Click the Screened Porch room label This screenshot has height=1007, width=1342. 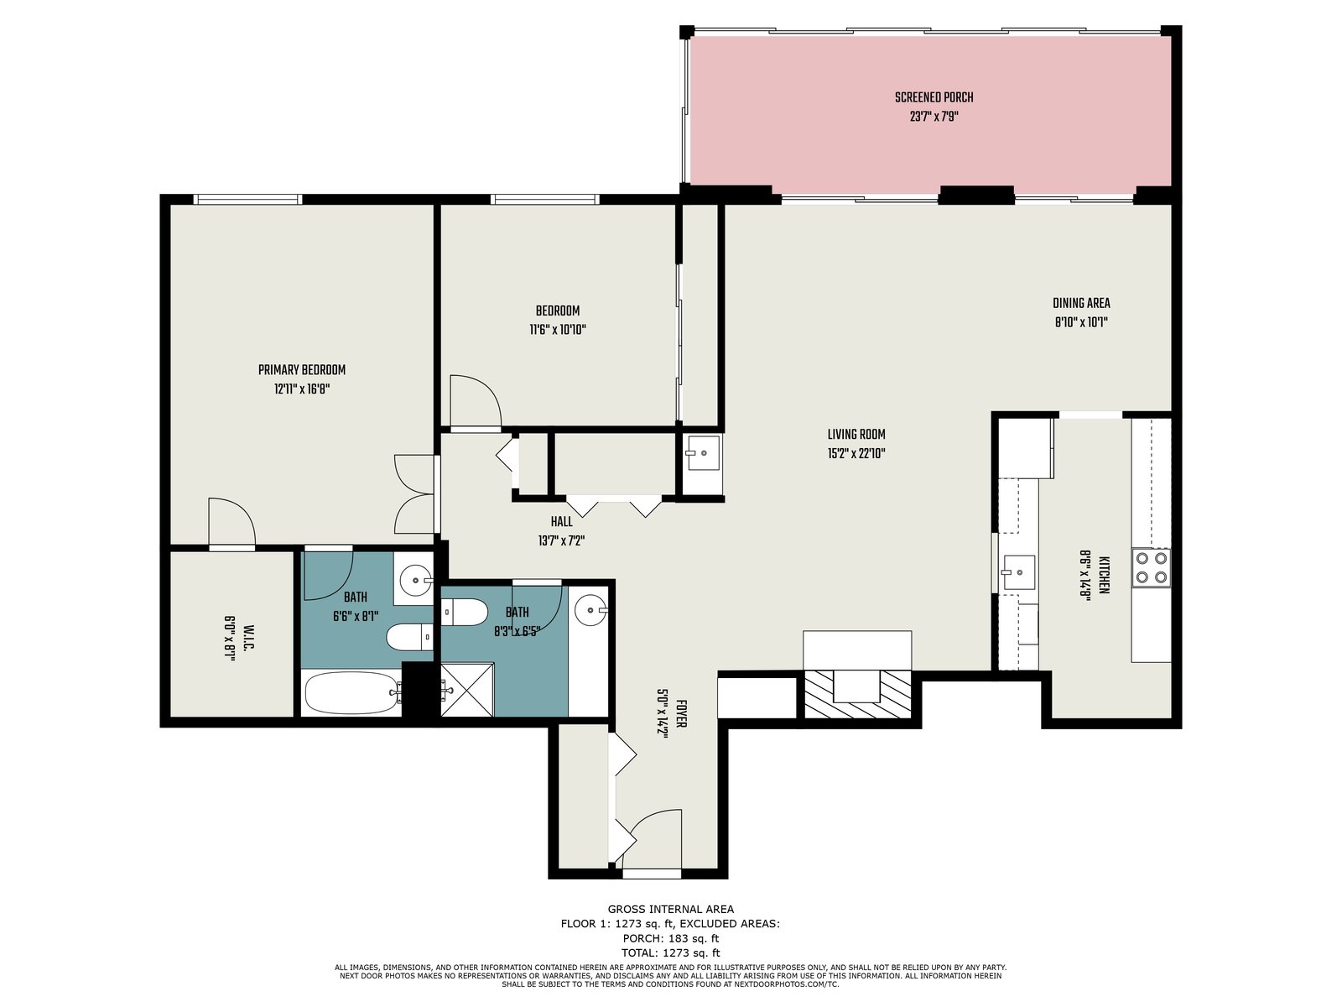point(934,97)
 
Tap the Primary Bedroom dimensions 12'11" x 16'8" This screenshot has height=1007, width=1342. point(302,389)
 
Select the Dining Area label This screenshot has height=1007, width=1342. point(1081,303)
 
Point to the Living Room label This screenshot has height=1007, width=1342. point(856,434)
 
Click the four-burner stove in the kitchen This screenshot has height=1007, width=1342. point(1151,567)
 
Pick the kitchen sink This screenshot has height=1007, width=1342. point(1018,572)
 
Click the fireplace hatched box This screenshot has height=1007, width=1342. point(856,694)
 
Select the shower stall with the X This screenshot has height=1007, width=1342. point(466,688)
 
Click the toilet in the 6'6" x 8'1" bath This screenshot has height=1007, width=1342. point(409,638)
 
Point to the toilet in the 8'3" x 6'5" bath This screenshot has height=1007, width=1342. point(464,612)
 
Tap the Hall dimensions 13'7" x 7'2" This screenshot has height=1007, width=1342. point(559,540)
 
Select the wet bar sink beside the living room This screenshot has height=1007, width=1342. point(703,452)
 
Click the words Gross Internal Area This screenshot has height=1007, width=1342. point(671,909)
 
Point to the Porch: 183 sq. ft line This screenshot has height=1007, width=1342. point(671,938)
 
